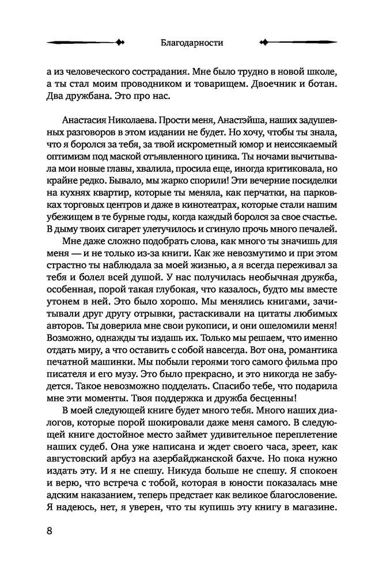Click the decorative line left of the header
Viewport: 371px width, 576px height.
pos(84,43)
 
